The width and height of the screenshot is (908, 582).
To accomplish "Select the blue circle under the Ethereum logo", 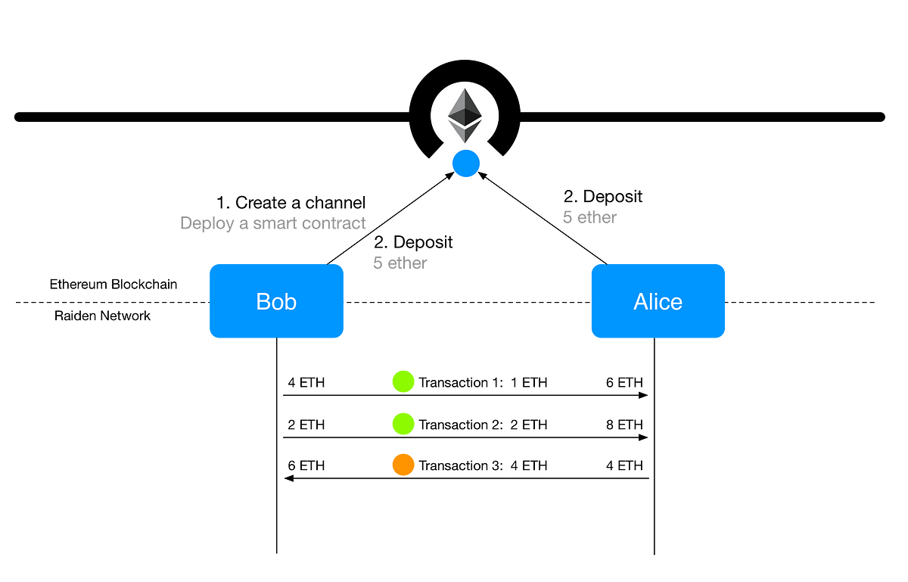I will coord(465,163).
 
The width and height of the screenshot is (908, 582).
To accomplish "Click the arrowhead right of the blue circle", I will coord(482,176).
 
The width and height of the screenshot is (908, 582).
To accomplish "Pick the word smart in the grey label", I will coord(272,223).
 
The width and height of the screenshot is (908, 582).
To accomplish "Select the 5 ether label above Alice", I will coord(589,218).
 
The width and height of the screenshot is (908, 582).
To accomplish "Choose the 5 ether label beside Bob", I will coord(400,263).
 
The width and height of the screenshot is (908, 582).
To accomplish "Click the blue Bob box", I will coord(276,301).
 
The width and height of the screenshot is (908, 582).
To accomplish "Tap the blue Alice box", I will coord(658,301).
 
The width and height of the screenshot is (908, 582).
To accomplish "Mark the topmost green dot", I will coord(403,381).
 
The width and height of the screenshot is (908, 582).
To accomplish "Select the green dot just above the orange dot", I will coord(403,423).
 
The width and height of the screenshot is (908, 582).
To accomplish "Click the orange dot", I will coord(403,464).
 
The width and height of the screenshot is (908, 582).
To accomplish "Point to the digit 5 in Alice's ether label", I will coord(567,218).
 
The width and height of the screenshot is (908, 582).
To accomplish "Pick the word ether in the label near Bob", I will coord(408,263).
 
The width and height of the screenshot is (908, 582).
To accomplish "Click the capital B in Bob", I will coord(263,302).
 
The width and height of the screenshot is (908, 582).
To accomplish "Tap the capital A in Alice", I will coord(640,302).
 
